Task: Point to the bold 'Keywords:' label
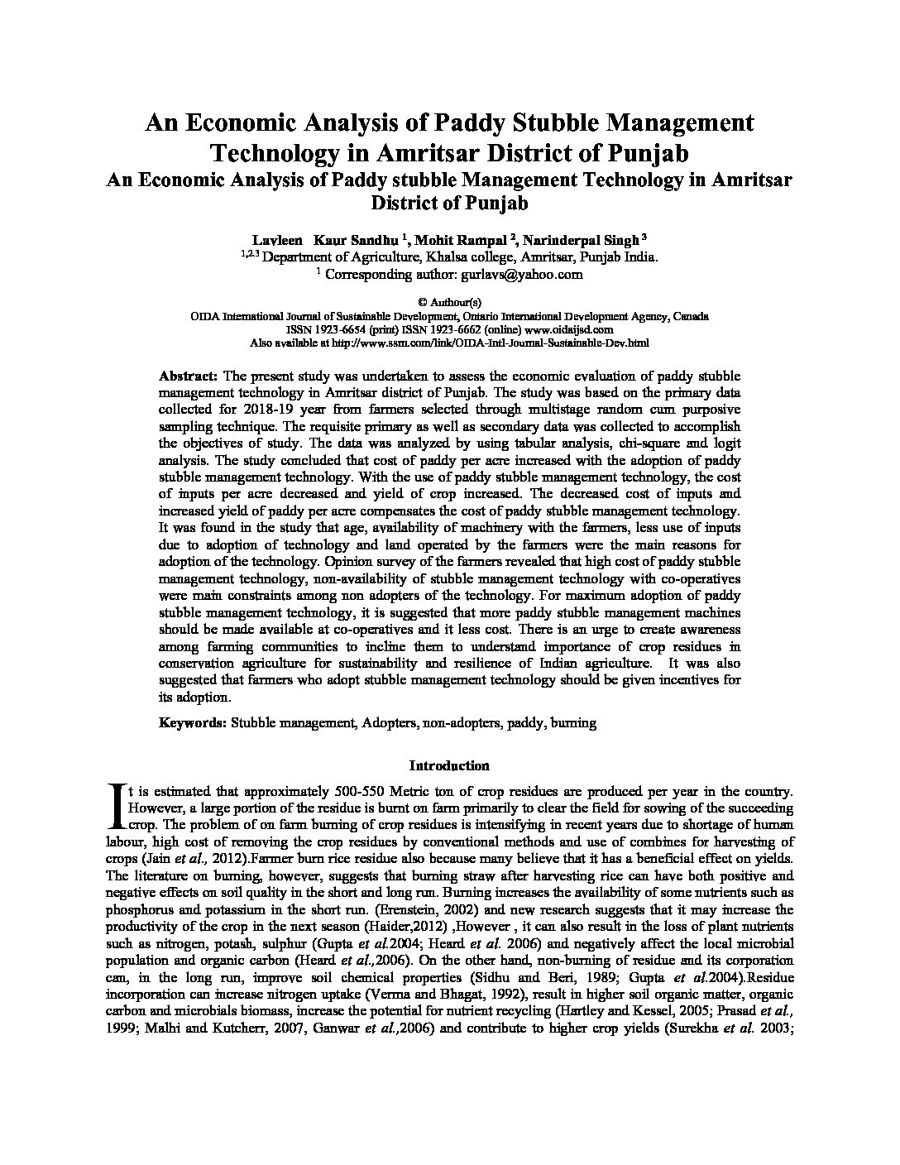pos(193,722)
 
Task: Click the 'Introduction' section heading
pos(449,765)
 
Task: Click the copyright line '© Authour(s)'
pos(449,303)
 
